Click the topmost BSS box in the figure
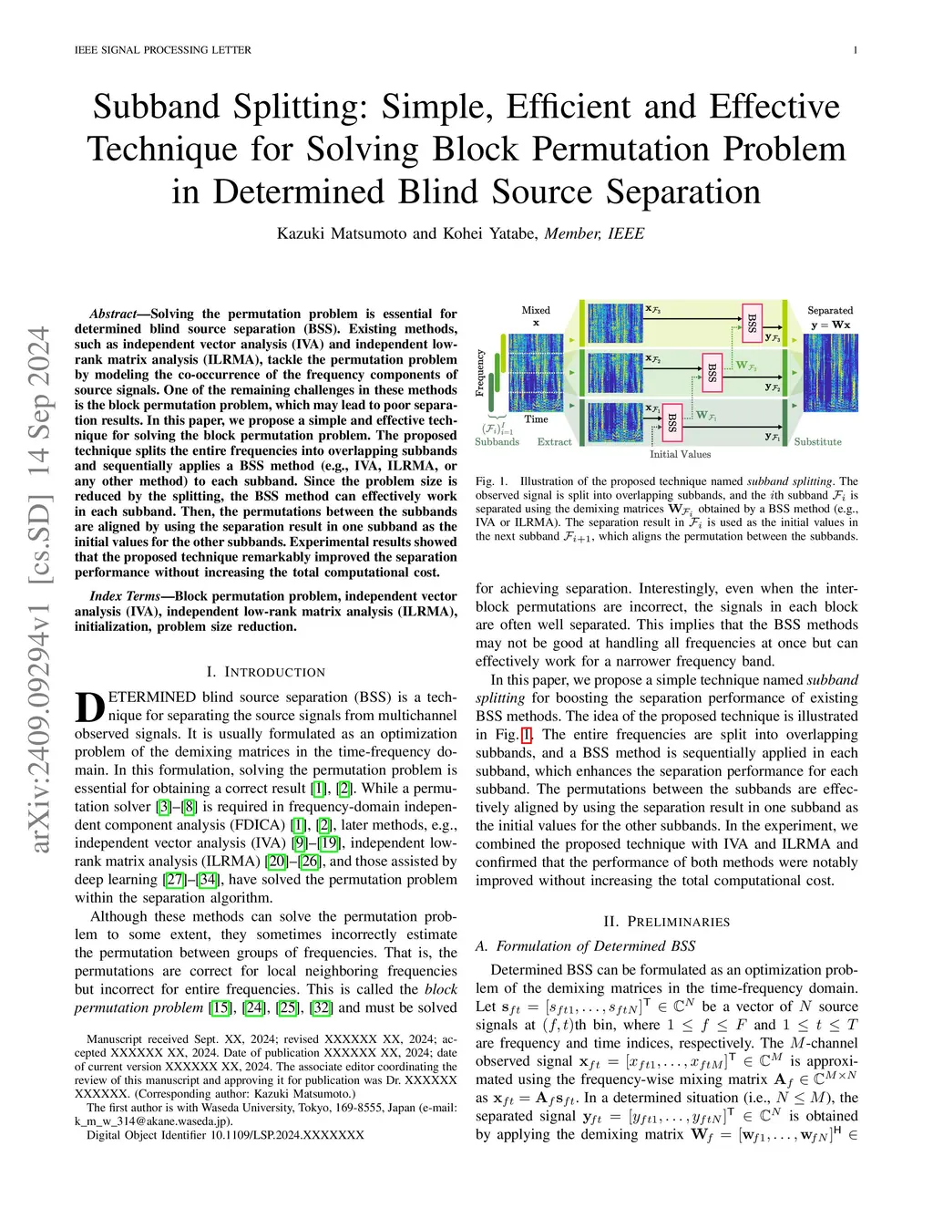(x=752, y=323)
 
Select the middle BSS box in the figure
(x=712, y=373)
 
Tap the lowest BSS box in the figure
(x=672, y=422)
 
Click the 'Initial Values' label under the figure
(x=680, y=454)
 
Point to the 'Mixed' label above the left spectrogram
(x=536, y=310)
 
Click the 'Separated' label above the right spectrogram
(x=830, y=310)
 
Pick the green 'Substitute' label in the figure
(x=817, y=442)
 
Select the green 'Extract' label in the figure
(x=554, y=442)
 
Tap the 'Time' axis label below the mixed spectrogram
(x=536, y=419)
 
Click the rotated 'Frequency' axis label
(x=480, y=372)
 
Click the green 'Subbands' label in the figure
(x=497, y=442)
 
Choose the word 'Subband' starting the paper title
(x=157, y=108)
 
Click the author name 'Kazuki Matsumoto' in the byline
(x=343, y=233)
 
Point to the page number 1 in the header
(x=855, y=50)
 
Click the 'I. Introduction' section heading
(x=265, y=672)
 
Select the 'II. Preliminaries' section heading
(x=667, y=922)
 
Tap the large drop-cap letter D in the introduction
(x=89, y=708)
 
